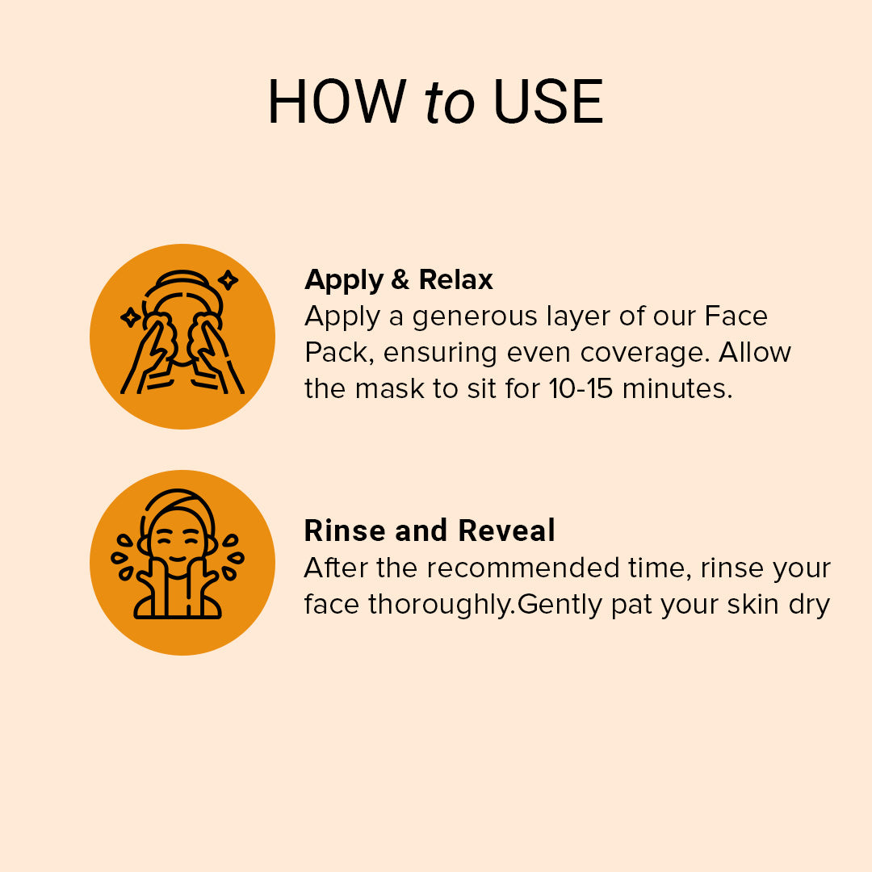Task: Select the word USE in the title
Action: point(548,103)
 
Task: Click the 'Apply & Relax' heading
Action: point(399,280)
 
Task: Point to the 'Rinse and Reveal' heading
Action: point(430,531)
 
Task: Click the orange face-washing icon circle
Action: point(182,336)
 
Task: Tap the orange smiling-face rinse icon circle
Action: point(182,562)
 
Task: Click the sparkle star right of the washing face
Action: point(228,280)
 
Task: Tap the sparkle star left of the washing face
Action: point(130,317)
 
